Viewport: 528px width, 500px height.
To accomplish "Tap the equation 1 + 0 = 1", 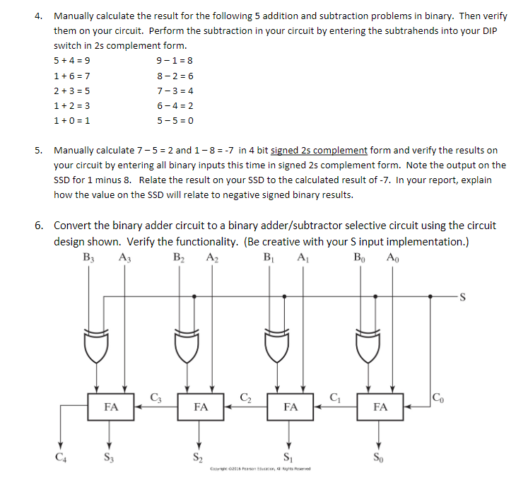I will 71,120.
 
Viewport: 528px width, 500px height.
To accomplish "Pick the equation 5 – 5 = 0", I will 175,120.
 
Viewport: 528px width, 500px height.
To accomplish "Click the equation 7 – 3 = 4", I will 175,91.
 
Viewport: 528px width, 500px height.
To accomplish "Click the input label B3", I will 88,257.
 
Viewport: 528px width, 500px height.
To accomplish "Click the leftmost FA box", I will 111,407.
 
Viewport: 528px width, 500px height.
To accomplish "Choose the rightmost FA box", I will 380,407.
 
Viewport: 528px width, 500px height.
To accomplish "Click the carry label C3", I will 156,396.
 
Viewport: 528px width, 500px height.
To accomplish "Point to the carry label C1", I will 335,396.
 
